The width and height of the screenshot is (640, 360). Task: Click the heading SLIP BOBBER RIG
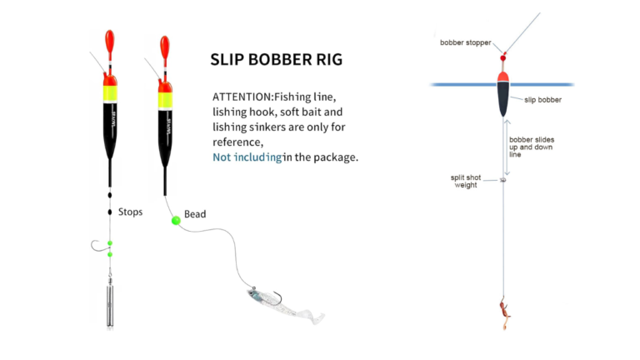275,60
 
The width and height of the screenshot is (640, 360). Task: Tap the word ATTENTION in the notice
237,97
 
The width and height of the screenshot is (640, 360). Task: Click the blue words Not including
246,157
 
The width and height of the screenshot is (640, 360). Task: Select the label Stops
131,212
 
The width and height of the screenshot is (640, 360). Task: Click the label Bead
195,214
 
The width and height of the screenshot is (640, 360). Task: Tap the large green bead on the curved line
176,221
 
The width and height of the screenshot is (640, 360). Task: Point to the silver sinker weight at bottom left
109,304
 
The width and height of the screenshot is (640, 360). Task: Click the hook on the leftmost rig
99,245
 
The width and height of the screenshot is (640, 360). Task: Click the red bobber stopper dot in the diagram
503,57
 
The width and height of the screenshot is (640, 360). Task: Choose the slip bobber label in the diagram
542,99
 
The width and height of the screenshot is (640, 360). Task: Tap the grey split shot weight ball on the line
503,179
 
